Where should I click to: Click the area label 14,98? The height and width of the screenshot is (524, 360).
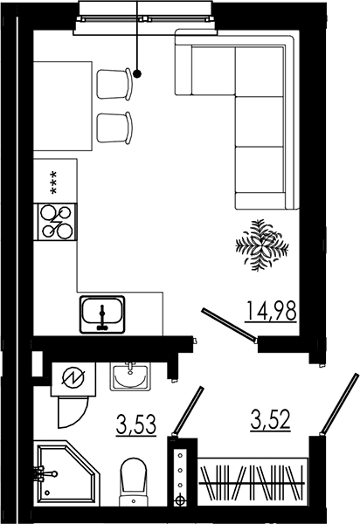(x=271, y=311)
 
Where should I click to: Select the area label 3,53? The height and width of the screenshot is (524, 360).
(x=136, y=424)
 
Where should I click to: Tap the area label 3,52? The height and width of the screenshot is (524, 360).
(x=270, y=419)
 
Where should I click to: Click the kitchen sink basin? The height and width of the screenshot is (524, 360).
(x=102, y=314)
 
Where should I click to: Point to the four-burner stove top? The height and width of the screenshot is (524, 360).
(x=56, y=222)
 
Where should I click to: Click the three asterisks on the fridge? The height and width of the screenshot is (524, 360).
(x=52, y=183)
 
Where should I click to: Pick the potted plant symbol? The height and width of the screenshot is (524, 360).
(x=262, y=245)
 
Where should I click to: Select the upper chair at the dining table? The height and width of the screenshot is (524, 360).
(x=114, y=84)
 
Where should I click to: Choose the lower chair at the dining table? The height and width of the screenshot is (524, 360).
(x=114, y=128)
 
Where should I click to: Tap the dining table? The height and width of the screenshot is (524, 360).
(x=63, y=106)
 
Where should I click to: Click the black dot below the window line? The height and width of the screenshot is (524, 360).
(x=137, y=74)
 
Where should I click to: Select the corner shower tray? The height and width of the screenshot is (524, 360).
(x=68, y=473)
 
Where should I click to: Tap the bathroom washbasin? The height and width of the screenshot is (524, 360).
(x=130, y=376)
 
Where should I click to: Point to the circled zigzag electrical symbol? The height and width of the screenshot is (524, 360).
(x=73, y=378)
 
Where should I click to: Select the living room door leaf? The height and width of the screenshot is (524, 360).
(x=229, y=325)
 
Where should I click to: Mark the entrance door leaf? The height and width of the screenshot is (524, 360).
(x=339, y=404)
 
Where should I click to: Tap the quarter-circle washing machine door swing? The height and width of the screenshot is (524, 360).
(x=73, y=412)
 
